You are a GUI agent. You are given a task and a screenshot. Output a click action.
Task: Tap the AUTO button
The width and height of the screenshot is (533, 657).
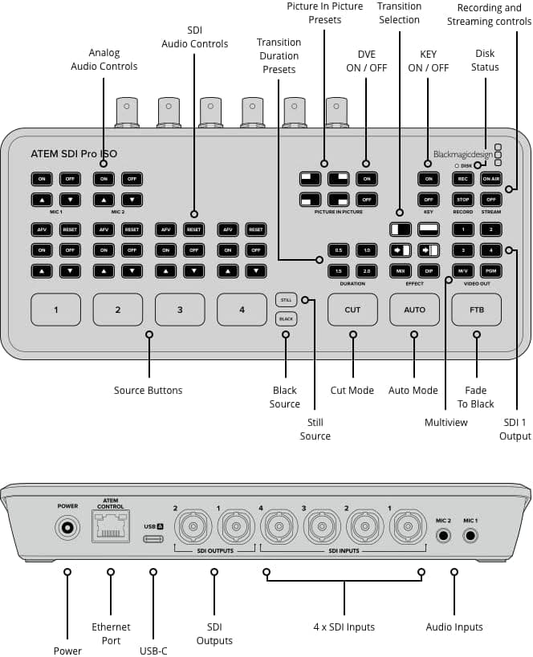coord(414,310)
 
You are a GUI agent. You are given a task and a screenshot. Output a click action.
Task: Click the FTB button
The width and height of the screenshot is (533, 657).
coord(477,310)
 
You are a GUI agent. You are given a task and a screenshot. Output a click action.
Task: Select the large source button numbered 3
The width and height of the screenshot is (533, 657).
coord(180,310)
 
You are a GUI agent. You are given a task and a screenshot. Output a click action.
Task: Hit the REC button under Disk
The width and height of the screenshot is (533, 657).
coord(462,179)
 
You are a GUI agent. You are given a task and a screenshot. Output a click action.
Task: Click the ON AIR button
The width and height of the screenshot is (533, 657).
coord(491,179)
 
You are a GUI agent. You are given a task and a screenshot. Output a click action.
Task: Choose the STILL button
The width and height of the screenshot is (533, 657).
coord(285,300)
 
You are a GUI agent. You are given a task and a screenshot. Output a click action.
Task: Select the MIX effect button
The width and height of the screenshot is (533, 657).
coord(400,270)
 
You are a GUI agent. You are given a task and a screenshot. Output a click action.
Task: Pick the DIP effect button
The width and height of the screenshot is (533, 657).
coord(429,270)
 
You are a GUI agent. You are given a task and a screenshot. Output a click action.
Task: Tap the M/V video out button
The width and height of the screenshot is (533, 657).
coord(462,270)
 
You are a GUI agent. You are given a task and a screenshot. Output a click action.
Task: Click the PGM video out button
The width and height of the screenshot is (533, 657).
coord(491,270)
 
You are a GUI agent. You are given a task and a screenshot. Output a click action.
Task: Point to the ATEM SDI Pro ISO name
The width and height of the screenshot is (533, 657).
coord(74,152)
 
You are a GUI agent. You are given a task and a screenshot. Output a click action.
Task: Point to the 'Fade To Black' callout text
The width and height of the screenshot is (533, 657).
coord(476,397)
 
